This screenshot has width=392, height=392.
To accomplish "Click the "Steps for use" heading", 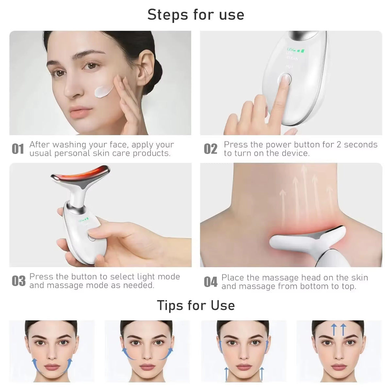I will [196, 15].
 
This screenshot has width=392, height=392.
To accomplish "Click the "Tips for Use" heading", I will [196, 305].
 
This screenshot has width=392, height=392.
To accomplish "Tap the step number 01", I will [18, 149].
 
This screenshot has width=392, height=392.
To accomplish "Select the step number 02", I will [210, 149].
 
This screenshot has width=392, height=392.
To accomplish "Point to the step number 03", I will [19, 281].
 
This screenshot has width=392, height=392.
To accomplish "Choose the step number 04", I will [210, 282].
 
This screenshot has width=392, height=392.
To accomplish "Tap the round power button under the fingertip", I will [285, 79].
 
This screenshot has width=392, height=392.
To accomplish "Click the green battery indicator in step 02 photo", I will [300, 50].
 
